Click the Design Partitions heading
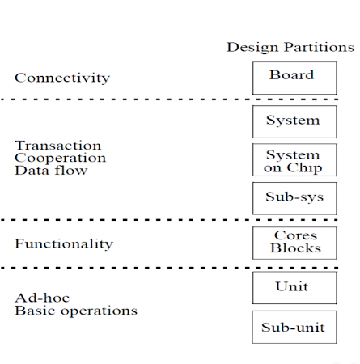point(290,48)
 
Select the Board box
point(294,78)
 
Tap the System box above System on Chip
point(294,122)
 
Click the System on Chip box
point(294,160)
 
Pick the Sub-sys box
point(294,198)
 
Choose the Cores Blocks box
point(294,243)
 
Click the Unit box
point(294,288)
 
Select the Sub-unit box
point(294,327)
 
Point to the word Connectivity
point(62,78)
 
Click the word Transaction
point(58,146)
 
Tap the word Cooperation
point(60,158)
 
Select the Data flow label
point(51,171)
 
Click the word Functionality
point(64,244)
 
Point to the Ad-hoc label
point(42,298)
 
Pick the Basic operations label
point(76,311)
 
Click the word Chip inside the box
point(304,168)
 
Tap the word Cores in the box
point(295,235)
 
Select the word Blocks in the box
point(295,248)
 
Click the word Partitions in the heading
point(320,47)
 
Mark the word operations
point(99,311)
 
